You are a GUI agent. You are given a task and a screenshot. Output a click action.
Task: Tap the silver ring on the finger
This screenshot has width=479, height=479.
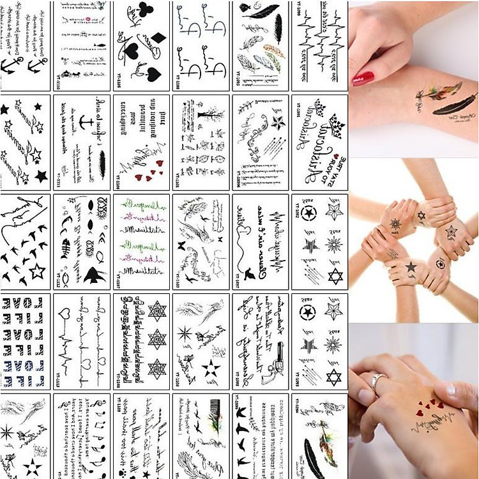[378, 383]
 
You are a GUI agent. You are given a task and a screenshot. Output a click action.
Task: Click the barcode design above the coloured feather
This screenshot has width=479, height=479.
[208, 415]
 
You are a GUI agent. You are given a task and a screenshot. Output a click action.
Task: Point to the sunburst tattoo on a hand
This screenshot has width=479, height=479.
[394, 224]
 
